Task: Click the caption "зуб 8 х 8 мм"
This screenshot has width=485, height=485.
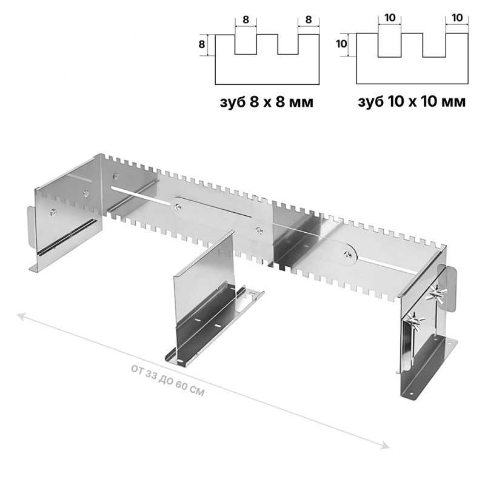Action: point(266,102)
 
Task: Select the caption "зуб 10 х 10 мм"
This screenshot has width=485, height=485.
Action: point(412,101)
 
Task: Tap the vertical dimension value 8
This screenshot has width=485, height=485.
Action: point(202,44)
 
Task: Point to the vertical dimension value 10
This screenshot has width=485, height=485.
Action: point(341,44)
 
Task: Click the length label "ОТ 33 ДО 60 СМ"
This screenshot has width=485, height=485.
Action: point(168,381)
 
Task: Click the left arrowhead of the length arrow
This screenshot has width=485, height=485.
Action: point(22,316)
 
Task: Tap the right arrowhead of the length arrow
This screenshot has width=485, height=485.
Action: point(385,445)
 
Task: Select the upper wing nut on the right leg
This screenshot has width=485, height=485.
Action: point(436,293)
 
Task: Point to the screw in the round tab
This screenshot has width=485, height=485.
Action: point(348,255)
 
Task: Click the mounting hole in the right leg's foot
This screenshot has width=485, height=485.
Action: point(412,394)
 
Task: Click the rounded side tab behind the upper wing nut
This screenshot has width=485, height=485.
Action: point(450,289)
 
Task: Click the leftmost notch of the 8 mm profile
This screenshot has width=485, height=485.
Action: point(246,44)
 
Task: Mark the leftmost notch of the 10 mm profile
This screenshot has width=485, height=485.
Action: point(390,45)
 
